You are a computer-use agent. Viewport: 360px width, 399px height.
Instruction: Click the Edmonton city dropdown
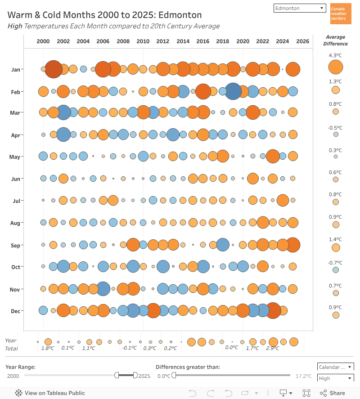(x=300, y=8)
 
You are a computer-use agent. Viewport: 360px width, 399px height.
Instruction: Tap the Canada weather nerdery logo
(x=340, y=14)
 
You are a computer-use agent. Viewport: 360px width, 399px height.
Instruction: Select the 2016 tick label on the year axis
(x=203, y=41)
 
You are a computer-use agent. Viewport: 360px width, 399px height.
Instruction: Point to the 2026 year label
(x=303, y=41)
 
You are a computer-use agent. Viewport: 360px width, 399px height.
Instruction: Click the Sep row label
(x=16, y=245)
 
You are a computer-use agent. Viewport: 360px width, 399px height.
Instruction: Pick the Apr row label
(x=16, y=134)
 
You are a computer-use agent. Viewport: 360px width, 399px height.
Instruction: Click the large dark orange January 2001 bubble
(x=54, y=69)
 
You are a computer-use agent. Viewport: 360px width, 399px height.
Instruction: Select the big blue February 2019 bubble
(x=233, y=91)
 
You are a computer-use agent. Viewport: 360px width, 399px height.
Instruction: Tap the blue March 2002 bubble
(x=63, y=112)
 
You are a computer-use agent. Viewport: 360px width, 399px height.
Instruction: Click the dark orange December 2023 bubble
(x=273, y=310)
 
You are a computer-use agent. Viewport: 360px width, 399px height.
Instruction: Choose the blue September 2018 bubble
(x=223, y=245)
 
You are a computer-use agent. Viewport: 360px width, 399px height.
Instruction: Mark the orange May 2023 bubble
(x=273, y=156)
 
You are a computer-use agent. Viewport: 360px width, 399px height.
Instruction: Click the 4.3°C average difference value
(x=335, y=56)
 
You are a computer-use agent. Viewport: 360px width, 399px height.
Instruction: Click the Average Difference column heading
(x=335, y=40)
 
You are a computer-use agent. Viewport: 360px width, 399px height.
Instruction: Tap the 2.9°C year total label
(x=273, y=348)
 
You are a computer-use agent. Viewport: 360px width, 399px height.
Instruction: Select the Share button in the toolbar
(x=333, y=393)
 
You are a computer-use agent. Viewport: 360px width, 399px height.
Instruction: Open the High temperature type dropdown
(x=335, y=379)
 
